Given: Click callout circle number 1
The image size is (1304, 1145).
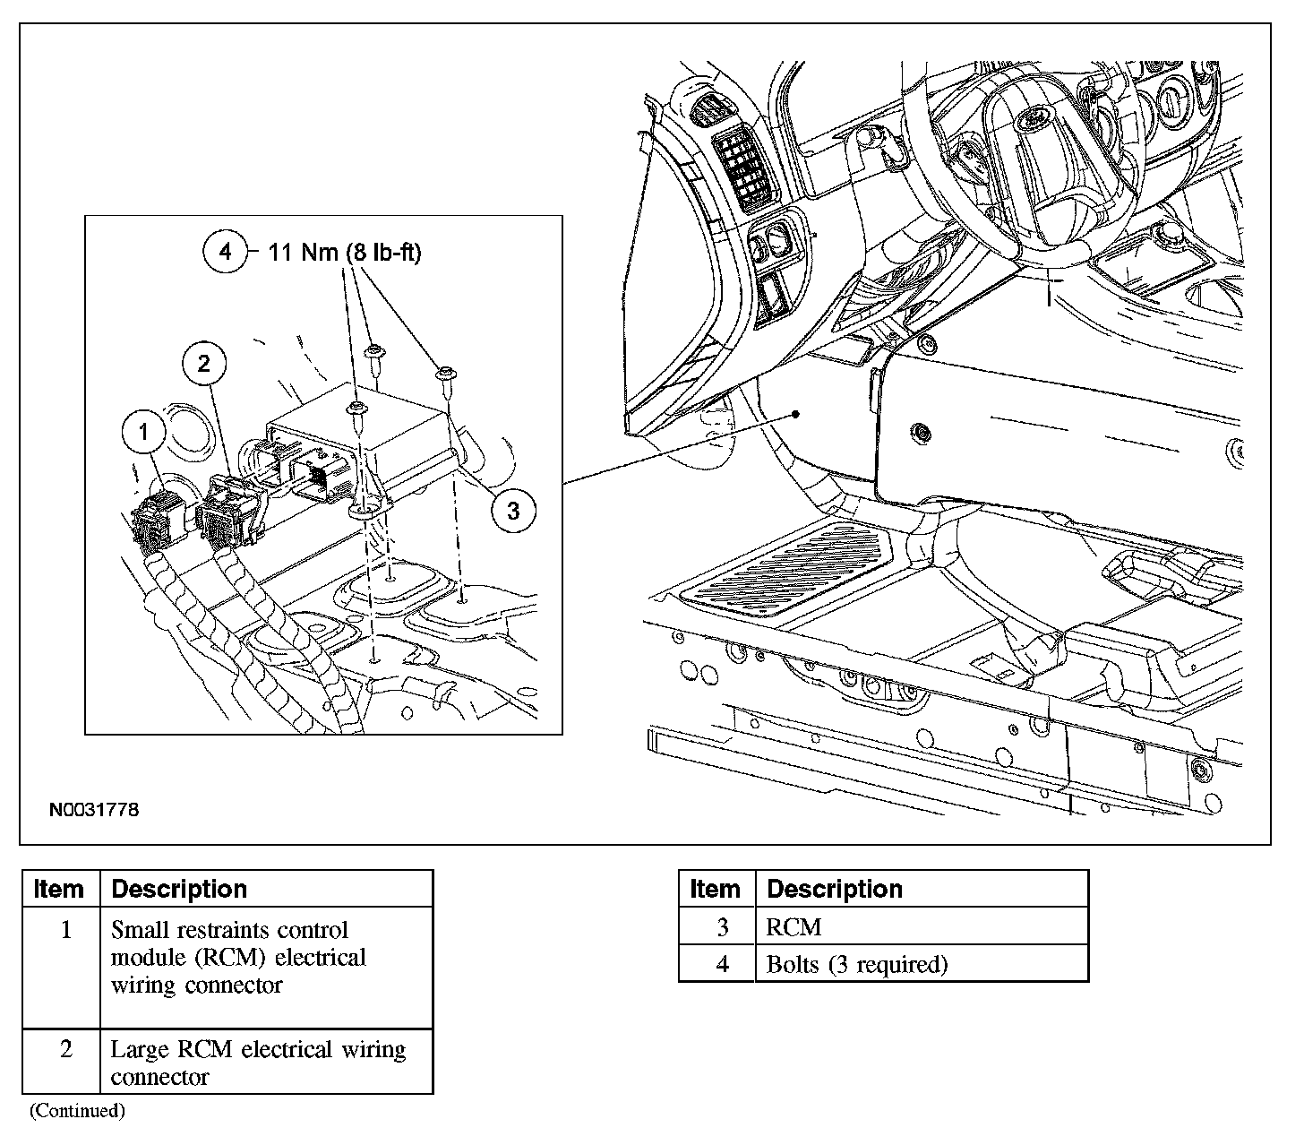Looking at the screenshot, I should click(144, 433).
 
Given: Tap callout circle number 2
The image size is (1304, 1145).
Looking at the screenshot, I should click(204, 363).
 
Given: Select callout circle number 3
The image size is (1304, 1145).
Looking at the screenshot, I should click(512, 510).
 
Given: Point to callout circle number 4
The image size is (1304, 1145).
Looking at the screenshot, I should click(225, 252).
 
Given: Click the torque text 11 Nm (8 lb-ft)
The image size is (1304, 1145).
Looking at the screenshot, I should click(345, 253).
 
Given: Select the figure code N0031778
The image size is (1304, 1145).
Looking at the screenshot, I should click(94, 810).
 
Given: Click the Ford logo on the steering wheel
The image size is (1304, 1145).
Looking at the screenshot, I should click(1032, 116).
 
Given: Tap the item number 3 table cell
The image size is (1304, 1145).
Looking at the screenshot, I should click(721, 926).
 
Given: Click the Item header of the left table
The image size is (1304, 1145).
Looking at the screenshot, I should click(59, 889).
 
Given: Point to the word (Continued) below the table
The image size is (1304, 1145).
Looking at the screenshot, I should click(77, 1111).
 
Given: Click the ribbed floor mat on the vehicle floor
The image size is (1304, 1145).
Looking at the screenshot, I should click(787, 568).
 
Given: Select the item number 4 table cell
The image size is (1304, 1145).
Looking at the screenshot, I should click(721, 964).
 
